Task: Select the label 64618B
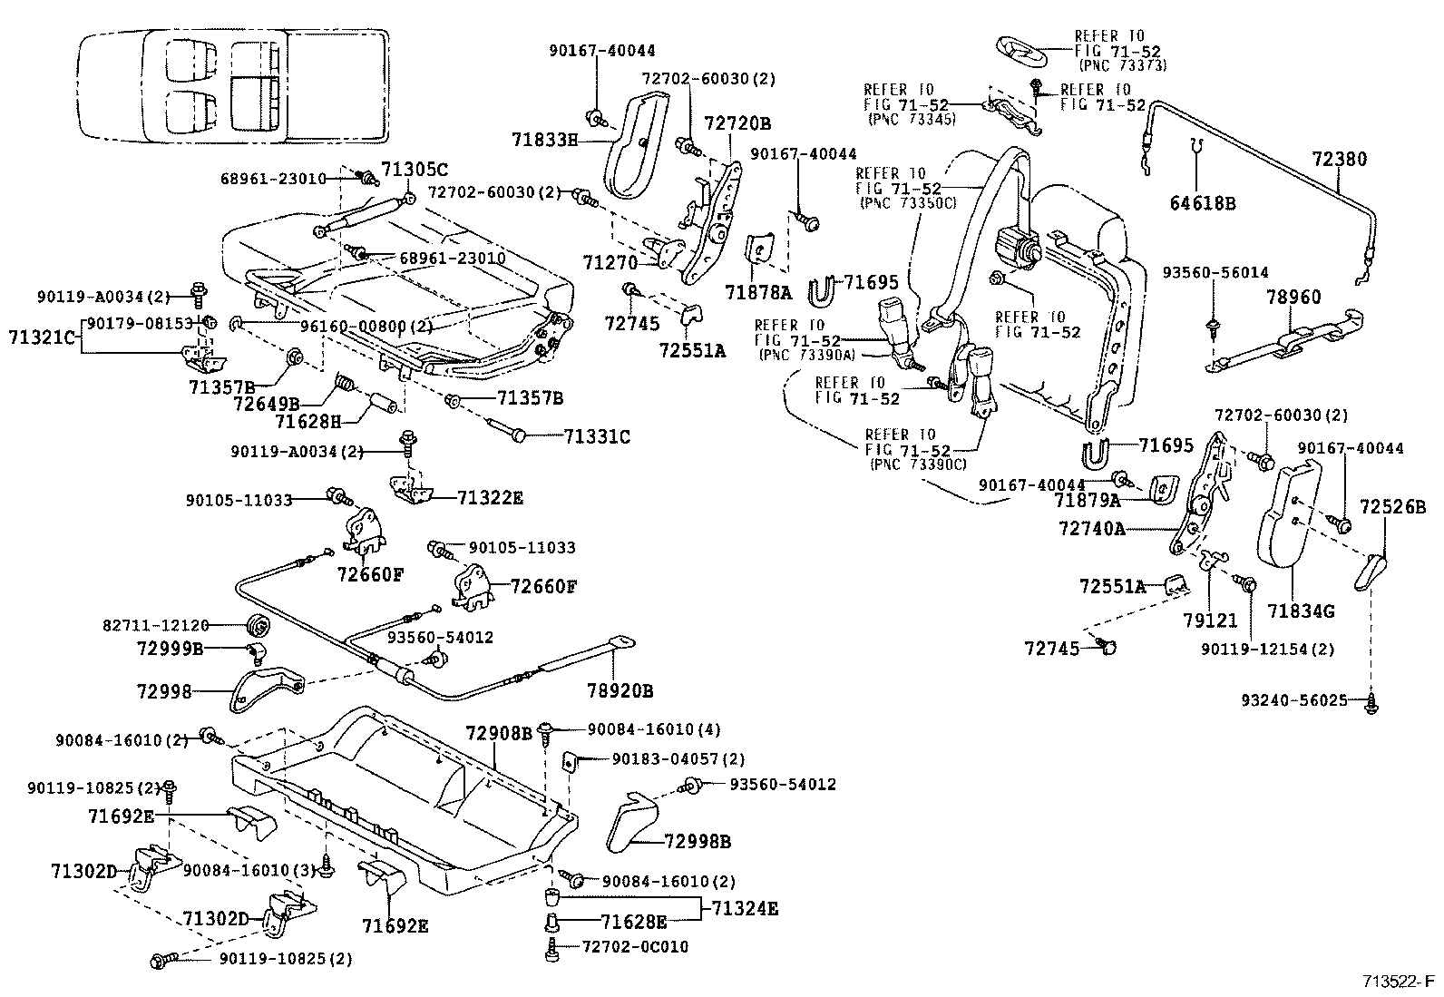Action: tap(1202, 203)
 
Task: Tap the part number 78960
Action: tap(1294, 297)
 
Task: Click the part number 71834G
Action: tap(1302, 611)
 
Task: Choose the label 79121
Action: tap(1210, 621)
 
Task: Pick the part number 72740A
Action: tap(1091, 528)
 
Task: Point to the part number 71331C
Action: tap(597, 436)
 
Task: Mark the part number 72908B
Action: tap(500, 733)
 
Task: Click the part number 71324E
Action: tap(745, 908)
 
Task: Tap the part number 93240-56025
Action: tap(1303, 700)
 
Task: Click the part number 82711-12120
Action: tap(155, 625)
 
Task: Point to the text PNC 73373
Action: tap(1123, 65)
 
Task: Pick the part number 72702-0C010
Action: tap(635, 947)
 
